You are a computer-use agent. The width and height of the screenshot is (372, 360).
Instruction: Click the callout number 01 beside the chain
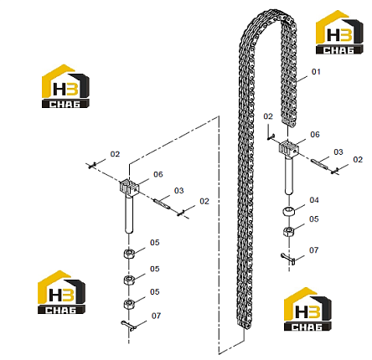point(316,72)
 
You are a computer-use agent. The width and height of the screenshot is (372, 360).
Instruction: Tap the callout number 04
point(314,200)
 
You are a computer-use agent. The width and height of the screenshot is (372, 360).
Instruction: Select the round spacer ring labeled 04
point(289,211)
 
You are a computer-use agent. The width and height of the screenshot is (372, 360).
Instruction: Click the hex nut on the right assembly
point(289,231)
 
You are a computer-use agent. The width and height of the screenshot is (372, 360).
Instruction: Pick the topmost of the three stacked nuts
point(129,254)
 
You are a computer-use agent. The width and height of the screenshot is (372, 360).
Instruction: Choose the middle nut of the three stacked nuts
point(129,280)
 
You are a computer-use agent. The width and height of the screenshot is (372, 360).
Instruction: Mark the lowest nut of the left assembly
point(129,304)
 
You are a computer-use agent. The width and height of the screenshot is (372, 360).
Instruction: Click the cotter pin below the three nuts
point(128,326)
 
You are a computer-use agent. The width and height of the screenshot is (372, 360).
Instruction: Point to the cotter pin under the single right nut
point(288,258)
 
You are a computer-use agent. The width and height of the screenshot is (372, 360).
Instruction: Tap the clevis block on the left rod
point(129,187)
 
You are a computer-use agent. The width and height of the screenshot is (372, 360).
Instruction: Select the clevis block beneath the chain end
point(289,147)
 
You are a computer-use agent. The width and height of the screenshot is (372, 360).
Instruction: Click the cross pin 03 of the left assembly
point(162,203)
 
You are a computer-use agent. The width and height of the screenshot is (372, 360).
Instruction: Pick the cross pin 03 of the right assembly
point(319,162)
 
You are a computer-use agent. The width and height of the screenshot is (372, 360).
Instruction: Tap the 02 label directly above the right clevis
point(268,116)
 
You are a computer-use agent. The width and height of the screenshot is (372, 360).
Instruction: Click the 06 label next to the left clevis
point(158,174)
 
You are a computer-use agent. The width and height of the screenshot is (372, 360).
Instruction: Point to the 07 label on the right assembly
point(314,250)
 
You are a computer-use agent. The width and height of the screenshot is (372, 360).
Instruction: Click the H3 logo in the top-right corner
point(339,33)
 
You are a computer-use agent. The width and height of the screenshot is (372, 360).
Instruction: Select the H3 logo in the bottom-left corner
point(61,292)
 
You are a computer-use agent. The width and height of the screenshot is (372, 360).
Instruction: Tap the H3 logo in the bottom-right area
point(307,309)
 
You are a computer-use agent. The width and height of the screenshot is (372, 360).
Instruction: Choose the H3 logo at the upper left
point(65,86)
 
